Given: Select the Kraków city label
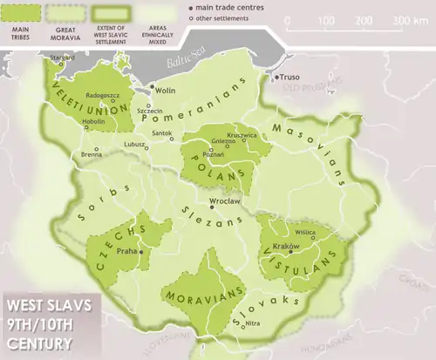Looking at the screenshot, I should pos(288,247).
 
